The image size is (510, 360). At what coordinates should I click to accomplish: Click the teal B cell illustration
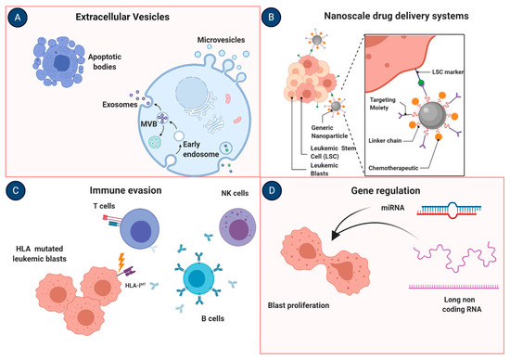[205, 278]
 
